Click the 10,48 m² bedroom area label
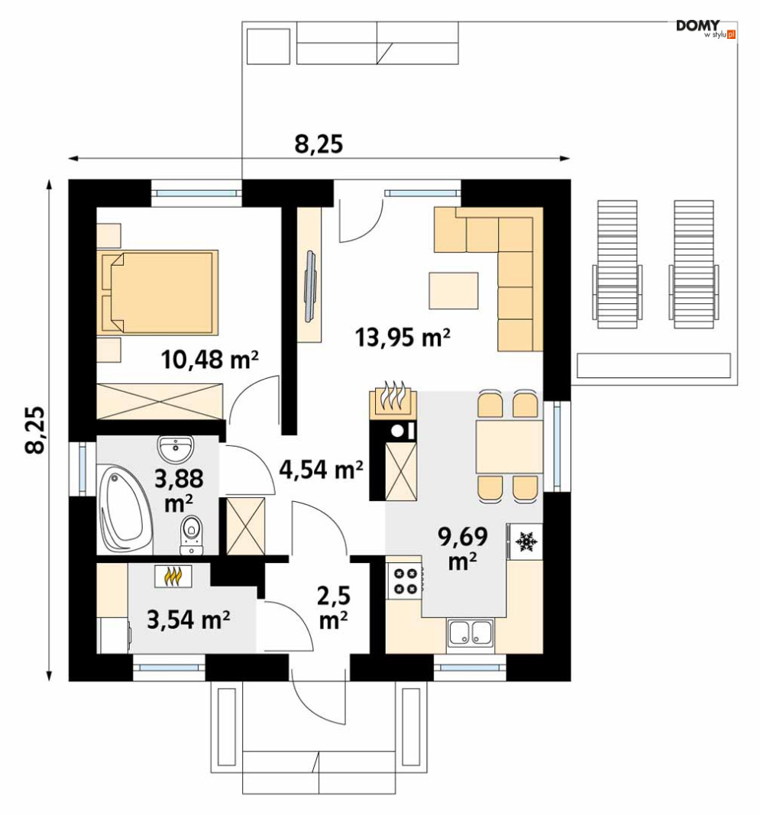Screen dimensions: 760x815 [209, 359]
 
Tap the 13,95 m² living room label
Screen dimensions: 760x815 [403, 337]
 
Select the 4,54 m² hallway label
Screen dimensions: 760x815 [321, 469]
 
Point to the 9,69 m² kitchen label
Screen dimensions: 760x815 [463, 548]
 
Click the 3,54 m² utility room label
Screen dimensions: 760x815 [188, 619]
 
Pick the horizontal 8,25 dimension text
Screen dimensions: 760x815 [319, 144]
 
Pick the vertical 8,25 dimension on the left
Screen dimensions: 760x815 [35, 430]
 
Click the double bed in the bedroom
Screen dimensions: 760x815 [157, 292]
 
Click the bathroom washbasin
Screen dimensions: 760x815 [176, 448]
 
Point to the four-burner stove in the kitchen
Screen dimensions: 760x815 [406, 581]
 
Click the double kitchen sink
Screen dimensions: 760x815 [471, 633]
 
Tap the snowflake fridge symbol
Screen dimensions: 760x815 [526, 542]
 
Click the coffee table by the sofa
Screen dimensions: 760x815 [453, 290]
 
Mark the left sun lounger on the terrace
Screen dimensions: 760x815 [617, 264]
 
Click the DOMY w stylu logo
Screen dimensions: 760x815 [706, 29]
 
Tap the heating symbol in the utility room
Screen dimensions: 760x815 [173, 576]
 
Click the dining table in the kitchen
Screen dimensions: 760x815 [509, 448]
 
